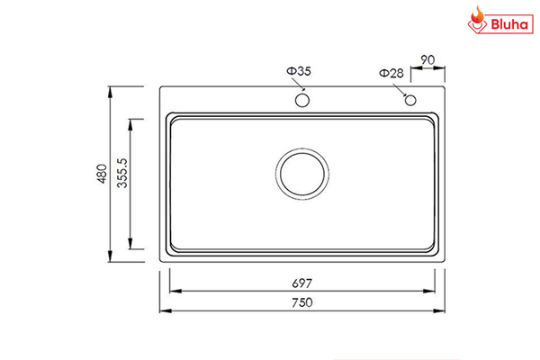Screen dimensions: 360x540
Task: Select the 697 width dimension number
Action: pyautogui.click(x=301, y=282)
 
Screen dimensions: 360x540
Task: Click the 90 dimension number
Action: pyautogui.click(x=427, y=60)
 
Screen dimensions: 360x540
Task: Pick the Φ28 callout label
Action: pyautogui.click(x=391, y=73)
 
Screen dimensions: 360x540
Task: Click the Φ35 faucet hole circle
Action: pyautogui.click(x=301, y=99)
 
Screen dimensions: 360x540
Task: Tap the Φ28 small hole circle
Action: pyautogui.click(x=410, y=99)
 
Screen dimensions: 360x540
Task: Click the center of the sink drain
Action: pyautogui.click(x=302, y=174)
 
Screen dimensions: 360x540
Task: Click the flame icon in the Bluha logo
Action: pyautogui.click(x=477, y=19)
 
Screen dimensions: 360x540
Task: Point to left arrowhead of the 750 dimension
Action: pyautogui.click(x=163, y=311)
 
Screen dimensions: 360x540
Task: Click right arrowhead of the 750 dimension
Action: pyautogui.click(x=442, y=311)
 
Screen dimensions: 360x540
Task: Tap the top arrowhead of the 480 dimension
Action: pyautogui.click(x=110, y=90)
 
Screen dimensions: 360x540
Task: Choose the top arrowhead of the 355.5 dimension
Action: pyautogui.click(x=131, y=121)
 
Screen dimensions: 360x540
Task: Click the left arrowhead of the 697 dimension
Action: pyautogui.click(x=173, y=291)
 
